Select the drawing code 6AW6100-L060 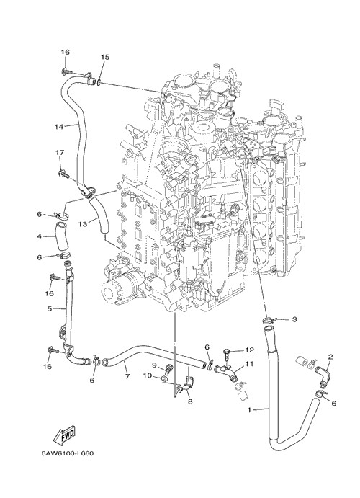click(67, 453)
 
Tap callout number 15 click(105, 57)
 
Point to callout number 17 click(60, 153)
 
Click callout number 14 click(59, 126)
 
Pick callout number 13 click(83, 224)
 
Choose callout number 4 click(40, 236)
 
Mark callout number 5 click(49, 308)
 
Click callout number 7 click(127, 377)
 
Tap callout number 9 click(155, 364)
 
